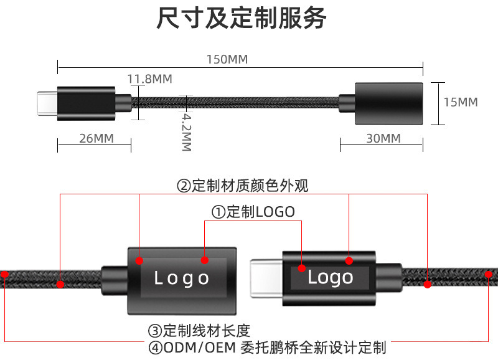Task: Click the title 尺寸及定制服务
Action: tap(242, 18)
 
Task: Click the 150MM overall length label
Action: tap(227, 59)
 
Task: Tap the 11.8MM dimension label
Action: tap(149, 79)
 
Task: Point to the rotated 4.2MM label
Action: tap(187, 132)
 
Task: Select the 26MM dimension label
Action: tap(96, 138)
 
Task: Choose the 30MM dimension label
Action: tap(383, 138)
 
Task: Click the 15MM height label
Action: tap(461, 102)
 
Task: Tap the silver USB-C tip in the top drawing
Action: tap(47, 103)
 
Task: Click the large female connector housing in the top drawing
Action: tap(388, 103)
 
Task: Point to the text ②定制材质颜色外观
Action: tap(242, 186)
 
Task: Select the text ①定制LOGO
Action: tap(253, 212)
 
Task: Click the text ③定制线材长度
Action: tap(199, 331)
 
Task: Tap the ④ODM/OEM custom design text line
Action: tap(268, 348)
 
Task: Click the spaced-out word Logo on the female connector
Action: tap(181, 278)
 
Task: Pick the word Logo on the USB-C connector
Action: tap(331, 277)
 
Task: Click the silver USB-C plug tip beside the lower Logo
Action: tap(266, 278)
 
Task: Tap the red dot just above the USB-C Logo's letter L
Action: tap(302, 268)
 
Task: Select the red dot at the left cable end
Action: tap(4, 274)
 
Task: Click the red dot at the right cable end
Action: tap(489, 274)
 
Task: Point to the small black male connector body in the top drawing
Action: tap(86, 103)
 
